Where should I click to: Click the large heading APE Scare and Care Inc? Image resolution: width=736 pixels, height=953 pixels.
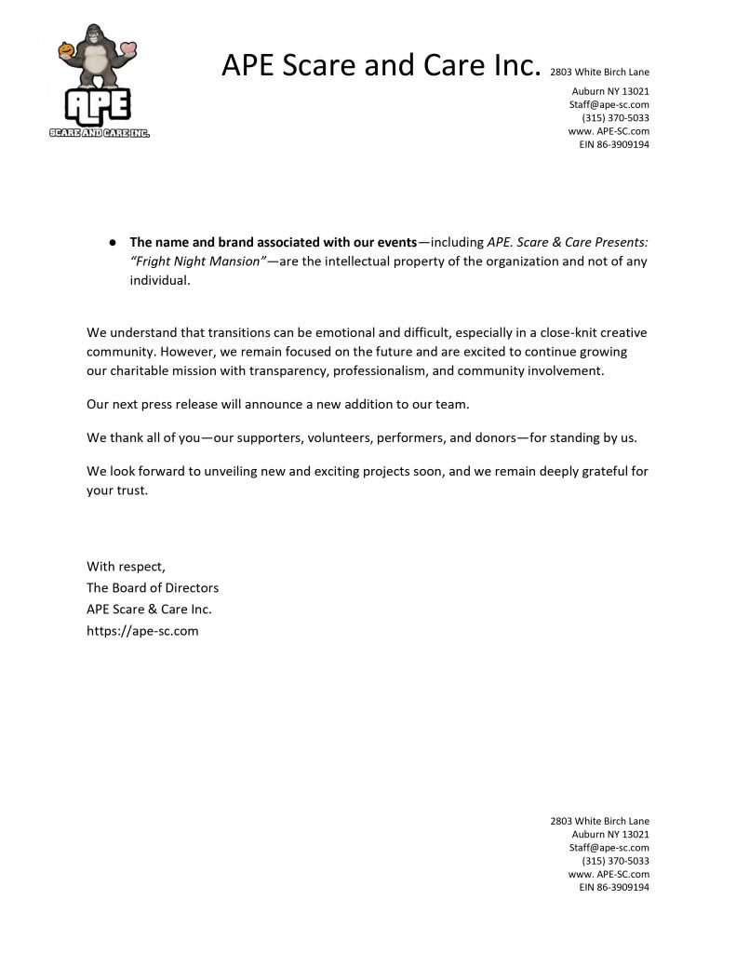(x=381, y=66)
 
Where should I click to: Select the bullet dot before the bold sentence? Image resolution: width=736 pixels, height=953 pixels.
(x=112, y=242)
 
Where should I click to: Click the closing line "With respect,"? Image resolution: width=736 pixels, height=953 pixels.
(x=126, y=566)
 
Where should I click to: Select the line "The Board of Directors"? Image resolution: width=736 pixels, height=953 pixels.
(x=153, y=587)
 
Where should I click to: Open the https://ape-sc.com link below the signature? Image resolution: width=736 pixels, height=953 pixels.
(x=142, y=630)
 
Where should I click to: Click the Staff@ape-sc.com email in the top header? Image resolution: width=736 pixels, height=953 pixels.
(x=609, y=105)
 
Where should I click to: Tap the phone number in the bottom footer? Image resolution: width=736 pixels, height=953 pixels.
(x=615, y=861)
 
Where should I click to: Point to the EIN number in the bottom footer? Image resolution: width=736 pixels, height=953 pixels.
(x=613, y=888)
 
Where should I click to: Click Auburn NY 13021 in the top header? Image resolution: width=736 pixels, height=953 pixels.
(x=609, y=91)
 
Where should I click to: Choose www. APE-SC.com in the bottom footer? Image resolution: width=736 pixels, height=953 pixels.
(x=609, y=874)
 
